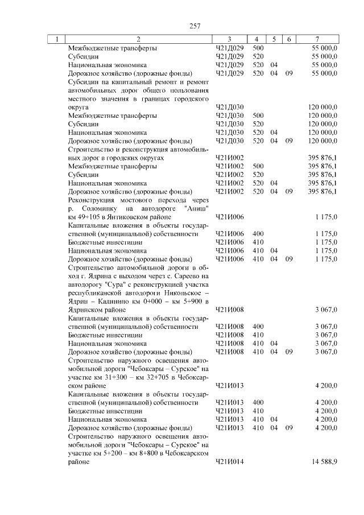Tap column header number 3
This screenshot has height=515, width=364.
pyautogui.click(x=229, y=39)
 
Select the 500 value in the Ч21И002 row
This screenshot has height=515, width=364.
pyautogui.click(x=258, y=166)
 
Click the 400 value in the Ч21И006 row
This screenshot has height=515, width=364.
pyautogui.click(x=258, y=233)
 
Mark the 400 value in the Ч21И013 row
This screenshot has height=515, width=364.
pyautogui.click(x=258, y=402)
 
